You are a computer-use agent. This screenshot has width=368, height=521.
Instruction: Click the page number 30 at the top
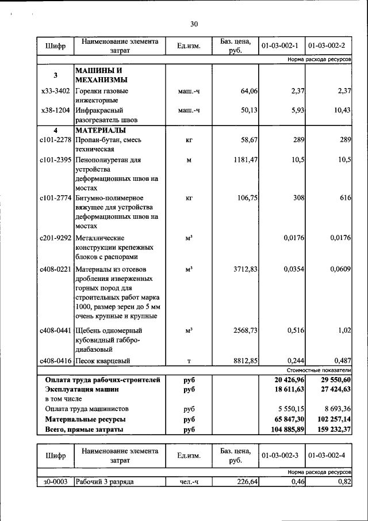pos(194,24)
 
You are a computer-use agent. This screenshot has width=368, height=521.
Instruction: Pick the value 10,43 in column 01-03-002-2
pos(342,111)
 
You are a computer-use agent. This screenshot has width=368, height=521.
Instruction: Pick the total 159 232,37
pos(332,429)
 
